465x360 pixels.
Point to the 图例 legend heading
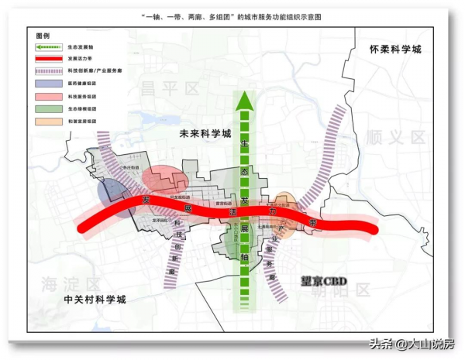[x=43, y=36]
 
